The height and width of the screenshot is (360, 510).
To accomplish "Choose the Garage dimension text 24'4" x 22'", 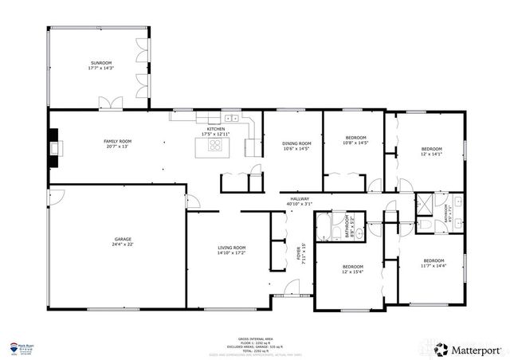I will coord(122,245).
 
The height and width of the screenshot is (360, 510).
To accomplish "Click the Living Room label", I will coord(232,250).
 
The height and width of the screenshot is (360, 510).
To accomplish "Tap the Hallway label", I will coord(300,198).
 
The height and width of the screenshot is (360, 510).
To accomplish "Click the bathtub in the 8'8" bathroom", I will coord(324,227).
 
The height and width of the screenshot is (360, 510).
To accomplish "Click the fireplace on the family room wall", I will coord(53,147).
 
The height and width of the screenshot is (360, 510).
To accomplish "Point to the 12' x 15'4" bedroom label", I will coord(352,268).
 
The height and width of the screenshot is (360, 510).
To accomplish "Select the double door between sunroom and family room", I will coord(111,103).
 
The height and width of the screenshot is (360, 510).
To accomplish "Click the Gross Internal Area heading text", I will coord(255,338).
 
